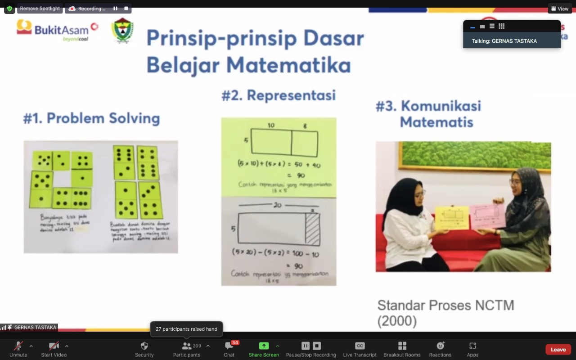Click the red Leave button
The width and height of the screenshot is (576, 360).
pyautogui.click(x=558, y=349)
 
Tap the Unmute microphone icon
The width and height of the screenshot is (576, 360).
pyautogui.click(x=18, y=346)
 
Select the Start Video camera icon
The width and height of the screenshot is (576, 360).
pyautogui.click(x=54, y=346)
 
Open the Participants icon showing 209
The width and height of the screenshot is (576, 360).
pyautogui.click(x=186, y=346)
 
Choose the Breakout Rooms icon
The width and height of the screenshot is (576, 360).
pyautogui.click(x=402, y=346)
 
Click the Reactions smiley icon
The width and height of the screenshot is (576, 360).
pyautogui.click(x=440, y=346)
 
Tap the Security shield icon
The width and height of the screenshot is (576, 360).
pyautogui.click(x=144, y=346)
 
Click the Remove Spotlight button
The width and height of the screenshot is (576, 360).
pyautogui.click(x=40, y=9)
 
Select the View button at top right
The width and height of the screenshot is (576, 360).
pyautogui.click(x=560, y=9)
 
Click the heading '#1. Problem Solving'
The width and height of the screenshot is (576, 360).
pyautogui.click(x=92, y=118)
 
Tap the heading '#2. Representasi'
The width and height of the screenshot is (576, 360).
pyautogui.click(x=279, y=95)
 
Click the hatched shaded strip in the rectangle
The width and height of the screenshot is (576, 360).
pyautogui.click(x=313, y=229)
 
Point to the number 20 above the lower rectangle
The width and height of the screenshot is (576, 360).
pyautogui.click(x=277, y=205)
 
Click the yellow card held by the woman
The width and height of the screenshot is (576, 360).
pyautogui.click(x=452, y=217)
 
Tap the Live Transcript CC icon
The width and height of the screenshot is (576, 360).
pyautogui.click(x=360, y=346)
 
